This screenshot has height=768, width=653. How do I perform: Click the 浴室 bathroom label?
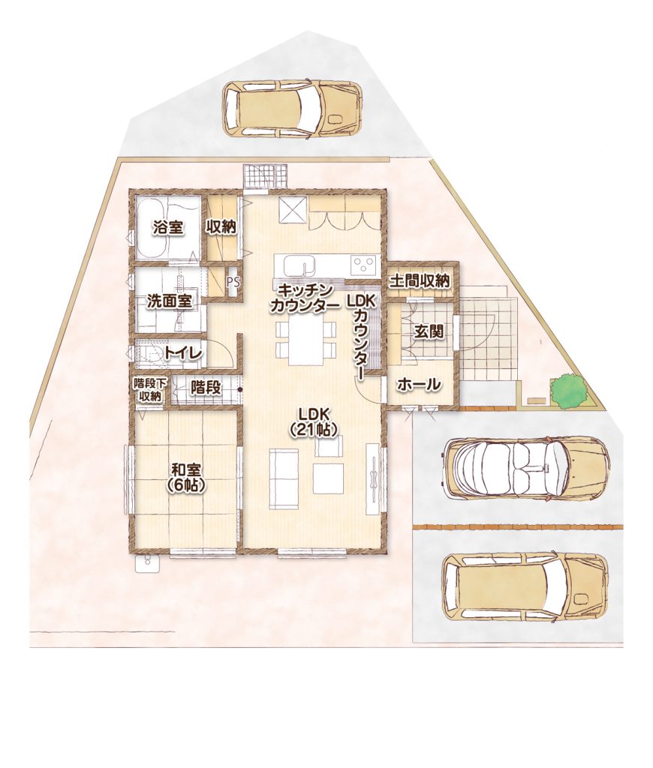tap(168, 227)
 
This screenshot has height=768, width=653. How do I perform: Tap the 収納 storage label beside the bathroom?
tap(221, 227)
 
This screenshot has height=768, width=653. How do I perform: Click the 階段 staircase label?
tap(206, 388)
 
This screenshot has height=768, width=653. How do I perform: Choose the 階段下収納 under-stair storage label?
tap(149, 390)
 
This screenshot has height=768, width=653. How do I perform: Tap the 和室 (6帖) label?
tap(185, 477)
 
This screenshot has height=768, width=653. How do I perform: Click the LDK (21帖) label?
tap(312, 421)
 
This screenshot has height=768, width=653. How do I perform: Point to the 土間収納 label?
tap(420, 281)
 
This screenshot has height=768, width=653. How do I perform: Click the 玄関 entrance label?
tap(429, 331)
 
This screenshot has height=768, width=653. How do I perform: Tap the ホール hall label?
tap(419, 385)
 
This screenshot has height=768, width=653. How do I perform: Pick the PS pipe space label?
tap(233, 283)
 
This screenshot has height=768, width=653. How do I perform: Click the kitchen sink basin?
tap(299, 266)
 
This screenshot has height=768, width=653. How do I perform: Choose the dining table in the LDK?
tap(305, 342)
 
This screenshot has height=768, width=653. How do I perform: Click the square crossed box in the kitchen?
tap(292, 211)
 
